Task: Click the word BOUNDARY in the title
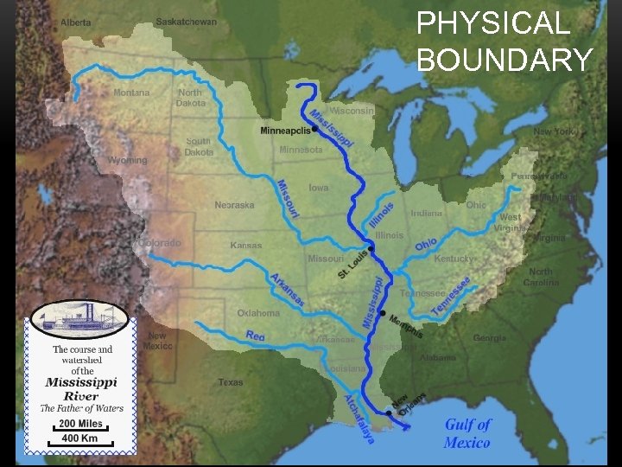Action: pyautogui.click(x=504, y=60)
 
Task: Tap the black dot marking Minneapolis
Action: pyautogui.click(x=314, y=131)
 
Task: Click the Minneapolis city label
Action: pyautogui.click(x=284, y=131)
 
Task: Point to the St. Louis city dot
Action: pyautogui.click(x=371, y=250)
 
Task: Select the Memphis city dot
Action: pyautogui.click(x=383, y=313)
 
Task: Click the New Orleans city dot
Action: pyautogui.click(x=390, y=413)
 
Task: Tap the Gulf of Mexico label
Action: pyautogui.click(x=467, y=433)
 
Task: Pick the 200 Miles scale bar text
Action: pyautogui.click(x=79, y=425)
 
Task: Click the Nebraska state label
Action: pyautogui.click(x=234, y=205)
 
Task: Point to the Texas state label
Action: pyautogui.click(x=231, y=381)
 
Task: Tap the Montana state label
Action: pyautogui.click(x=131, y=93)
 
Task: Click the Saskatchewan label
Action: pyautogui.click(x=186, y=22)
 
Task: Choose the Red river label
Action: pyautogui.click(x=255, y=336)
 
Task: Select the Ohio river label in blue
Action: pyautogui.click(x=425, y=245)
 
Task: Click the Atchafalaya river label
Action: pyautogui.click(x=359, y=420)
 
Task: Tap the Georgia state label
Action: pyautogui.click(x=490, y=337)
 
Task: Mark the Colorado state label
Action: pyautogui.click(x=162, y=243)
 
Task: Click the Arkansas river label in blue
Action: pyautogui.click(x=287, y=289)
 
